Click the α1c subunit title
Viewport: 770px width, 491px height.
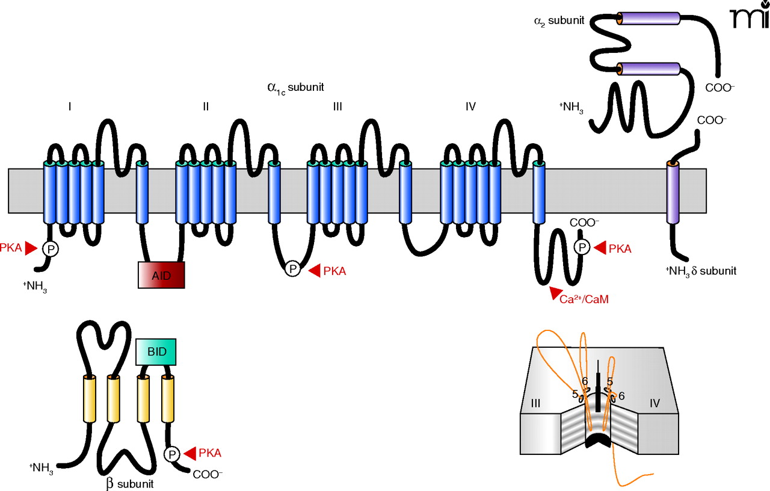pos(295,87)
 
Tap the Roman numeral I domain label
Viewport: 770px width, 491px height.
pos(70,107)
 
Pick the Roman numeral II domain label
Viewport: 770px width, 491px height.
pos(206,107)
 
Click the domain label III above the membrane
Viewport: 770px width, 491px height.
pos(337,107)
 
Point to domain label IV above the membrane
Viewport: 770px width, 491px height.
pos(470,107)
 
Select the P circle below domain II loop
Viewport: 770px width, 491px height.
pos(292,269)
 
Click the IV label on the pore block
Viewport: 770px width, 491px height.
pos(655,404)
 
